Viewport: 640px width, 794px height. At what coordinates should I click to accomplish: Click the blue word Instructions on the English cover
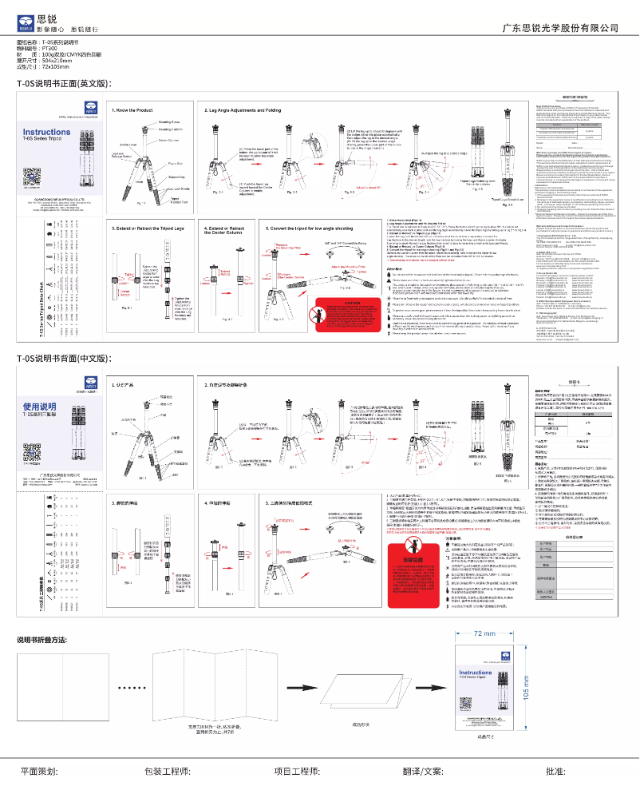[x=46, y=133]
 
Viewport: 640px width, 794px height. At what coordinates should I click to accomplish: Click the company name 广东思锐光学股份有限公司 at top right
[x=560, y=28]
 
